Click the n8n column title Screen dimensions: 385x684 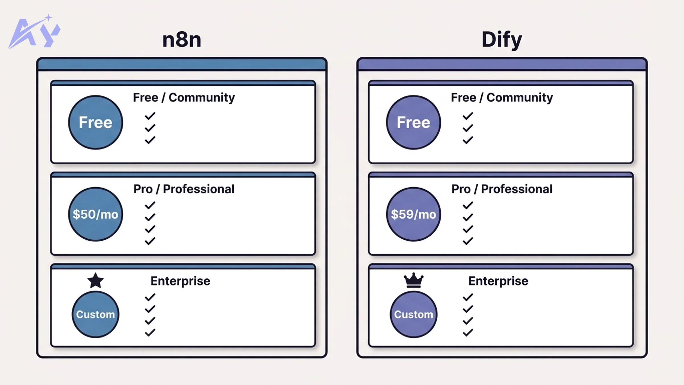pos(182,40)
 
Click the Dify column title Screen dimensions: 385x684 pos(502,40)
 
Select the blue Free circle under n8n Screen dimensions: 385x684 pos(95,122)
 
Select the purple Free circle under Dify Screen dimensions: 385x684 pos(414,122)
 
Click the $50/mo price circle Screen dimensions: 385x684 pos(95,214)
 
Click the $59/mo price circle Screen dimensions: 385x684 pos(414,214)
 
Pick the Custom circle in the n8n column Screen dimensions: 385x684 pos(95,314)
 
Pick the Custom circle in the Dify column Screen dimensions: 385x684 pos(414,314)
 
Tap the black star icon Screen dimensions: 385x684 pos(95,281)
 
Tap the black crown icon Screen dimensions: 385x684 pos(414,281)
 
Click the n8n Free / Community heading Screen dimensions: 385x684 pos(184,98)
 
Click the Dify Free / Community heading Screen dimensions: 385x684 pos(502,98)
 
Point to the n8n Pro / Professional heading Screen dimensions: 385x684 pos(184,189)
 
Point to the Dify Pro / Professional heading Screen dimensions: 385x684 pos(502,189)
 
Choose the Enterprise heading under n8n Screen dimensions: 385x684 pos(180,281)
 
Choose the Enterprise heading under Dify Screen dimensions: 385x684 pos(498,281)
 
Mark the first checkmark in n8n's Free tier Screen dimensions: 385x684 pos(150,116)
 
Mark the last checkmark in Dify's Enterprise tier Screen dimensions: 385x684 pos(468,333)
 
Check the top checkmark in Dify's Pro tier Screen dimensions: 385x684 pos(468,205)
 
